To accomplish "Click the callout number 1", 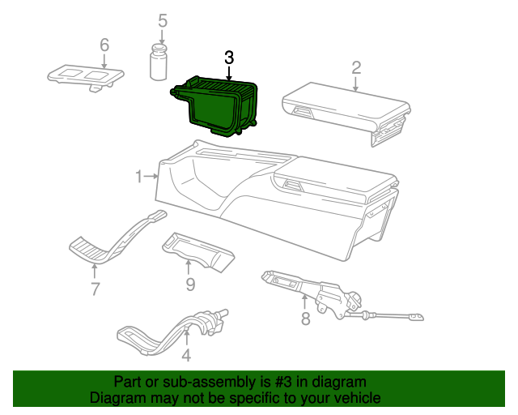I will coord(139,176).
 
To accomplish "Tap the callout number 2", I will coord(356,67).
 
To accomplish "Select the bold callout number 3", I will coord(229,58).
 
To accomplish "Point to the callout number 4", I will coord(186,354).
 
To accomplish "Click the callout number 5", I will coord(163,20).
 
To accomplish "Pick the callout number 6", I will coord(104,45).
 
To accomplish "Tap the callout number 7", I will coord(95,288).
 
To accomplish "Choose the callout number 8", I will coord(305,319).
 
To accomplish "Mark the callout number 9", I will coord(190,284).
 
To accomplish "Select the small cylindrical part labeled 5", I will coord(161,64).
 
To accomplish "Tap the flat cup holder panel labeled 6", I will coord(86,76).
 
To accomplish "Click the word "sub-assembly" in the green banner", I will coord(200,382).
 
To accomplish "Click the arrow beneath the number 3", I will coord(229,73).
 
